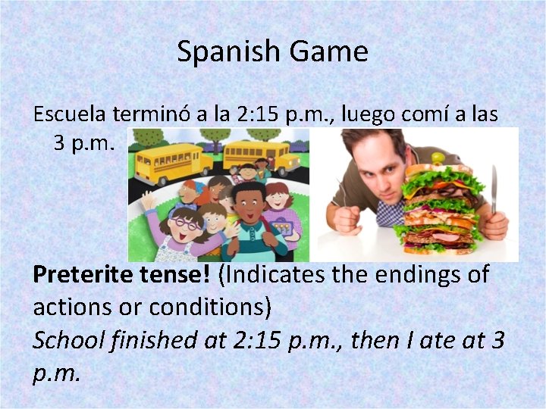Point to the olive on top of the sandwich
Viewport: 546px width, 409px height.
tap(438, 158)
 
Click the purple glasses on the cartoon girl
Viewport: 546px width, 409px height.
tap(187, 223)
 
